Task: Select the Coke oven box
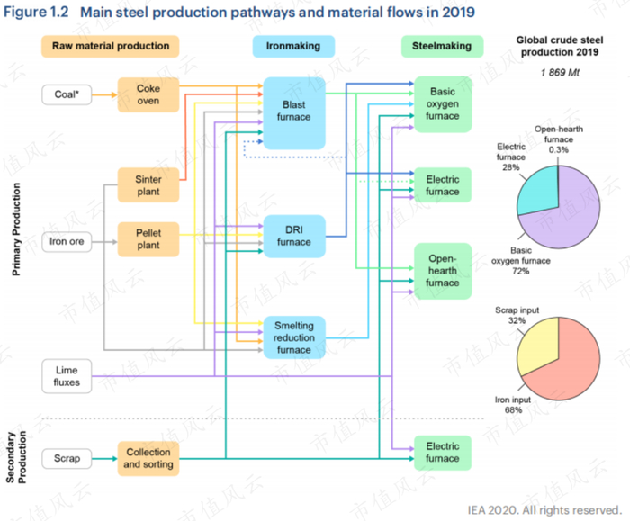click(x=148, y=94)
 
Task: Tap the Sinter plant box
click(x=148, y=185)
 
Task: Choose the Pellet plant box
click(x=148, y=238)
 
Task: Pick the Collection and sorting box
click(x=148, y=458)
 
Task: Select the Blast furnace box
click(x=293, y=112)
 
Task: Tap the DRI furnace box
click(x=293, y=236)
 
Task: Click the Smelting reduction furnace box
click(x=293, y=337)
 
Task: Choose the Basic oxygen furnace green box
click(x=443, y=104)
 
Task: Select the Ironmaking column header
click(x=293, y=46)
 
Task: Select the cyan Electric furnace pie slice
click(x=539, y=187)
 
